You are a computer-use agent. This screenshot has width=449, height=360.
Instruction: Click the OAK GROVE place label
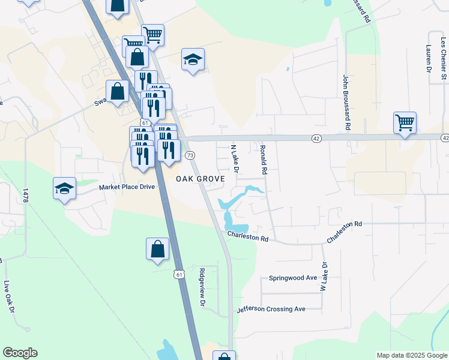tap(200, 179)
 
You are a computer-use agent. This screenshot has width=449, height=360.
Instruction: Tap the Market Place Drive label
tap(127, 187)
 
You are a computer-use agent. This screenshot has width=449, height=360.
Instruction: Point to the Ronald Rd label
tap(263, 159)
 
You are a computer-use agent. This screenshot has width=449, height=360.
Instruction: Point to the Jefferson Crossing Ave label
tap(271, 309)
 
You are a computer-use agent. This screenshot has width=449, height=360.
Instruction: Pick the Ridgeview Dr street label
tap(202, 287)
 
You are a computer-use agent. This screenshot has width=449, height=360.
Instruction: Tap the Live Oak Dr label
tap(8, 295)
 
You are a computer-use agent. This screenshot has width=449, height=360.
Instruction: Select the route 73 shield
tap(190, 155)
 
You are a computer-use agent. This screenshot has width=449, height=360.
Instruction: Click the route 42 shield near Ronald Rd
tap(316, 138)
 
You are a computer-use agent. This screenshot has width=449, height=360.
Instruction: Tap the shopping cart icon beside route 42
tap(405, 123)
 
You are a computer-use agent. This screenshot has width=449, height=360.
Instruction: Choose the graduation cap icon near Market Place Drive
tap(64, 188)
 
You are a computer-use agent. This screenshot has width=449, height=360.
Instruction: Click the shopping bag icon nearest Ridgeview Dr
tap(157, 249)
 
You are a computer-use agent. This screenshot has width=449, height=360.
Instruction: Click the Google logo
tap(20, 353)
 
